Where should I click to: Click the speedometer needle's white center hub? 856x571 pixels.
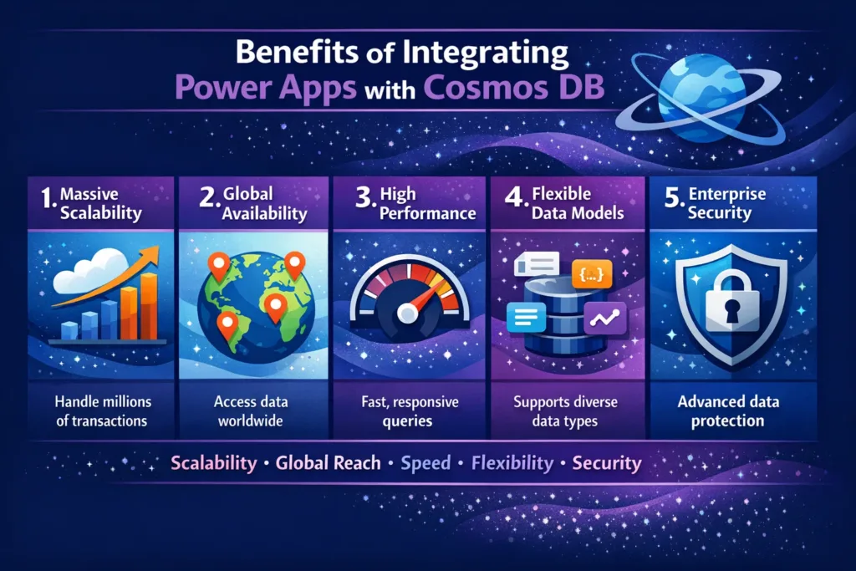click(408, 314)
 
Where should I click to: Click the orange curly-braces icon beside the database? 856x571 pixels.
click(594, 273)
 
